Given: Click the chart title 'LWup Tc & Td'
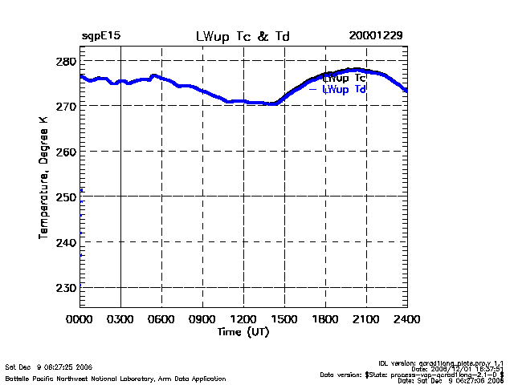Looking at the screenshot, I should coord(243,37).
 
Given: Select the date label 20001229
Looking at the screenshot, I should coord(376,37).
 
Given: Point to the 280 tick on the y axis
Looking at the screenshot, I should coord(67,62).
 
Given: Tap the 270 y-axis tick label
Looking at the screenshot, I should coord(67,107).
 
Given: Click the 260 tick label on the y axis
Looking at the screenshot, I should coord(67,152).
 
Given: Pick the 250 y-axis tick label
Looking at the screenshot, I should coord(67,197).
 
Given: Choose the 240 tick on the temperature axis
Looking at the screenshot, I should coord(67,241).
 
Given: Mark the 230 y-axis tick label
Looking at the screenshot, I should coord(67,286).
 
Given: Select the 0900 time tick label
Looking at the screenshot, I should coord(203,318).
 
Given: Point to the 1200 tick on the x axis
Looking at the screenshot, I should coord(244,318).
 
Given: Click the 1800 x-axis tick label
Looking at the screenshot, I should coord(326,318).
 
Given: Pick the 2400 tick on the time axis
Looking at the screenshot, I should coord(407,318).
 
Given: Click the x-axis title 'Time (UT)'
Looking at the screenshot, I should coord(243,331).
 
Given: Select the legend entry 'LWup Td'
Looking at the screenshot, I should coord(345,90).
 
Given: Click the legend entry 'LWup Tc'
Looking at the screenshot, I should coord(345,79).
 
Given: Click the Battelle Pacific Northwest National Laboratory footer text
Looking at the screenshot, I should coord(116,379).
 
